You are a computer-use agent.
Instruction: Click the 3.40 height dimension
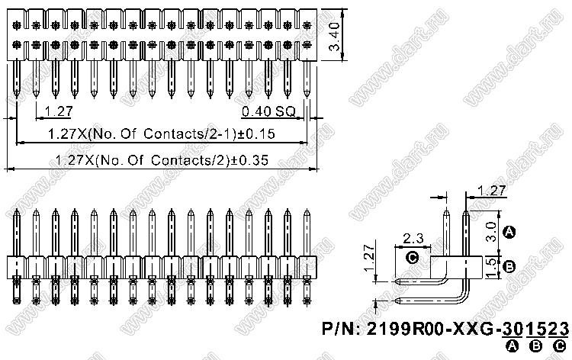(334, 37)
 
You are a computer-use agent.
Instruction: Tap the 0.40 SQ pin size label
(269, 111)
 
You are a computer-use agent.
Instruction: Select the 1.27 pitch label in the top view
(59, 111)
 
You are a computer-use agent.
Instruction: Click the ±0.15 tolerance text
(256, 134)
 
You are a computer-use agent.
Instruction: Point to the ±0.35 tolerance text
(249, 160)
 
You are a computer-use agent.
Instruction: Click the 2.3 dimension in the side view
(413, 238)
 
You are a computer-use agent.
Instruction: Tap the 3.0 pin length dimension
(492, 231)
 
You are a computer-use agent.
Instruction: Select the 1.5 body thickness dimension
(492, 267)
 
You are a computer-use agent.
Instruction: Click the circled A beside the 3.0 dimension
(509, 232)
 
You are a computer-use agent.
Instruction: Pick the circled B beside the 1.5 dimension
(509, 267)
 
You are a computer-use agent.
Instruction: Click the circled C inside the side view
(412, 259)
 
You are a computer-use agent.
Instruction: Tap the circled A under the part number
(513, 346)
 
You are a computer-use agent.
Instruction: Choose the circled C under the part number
(560, 346)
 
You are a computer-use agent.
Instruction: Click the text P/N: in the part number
(342, 329)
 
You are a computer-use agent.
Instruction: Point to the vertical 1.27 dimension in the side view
(370, 257)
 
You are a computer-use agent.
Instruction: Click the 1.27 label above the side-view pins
(491, 191)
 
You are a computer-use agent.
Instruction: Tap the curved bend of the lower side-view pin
(464, 296)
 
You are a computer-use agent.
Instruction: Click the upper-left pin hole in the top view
(17, 25)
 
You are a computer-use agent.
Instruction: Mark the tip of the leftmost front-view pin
(17, 209)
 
